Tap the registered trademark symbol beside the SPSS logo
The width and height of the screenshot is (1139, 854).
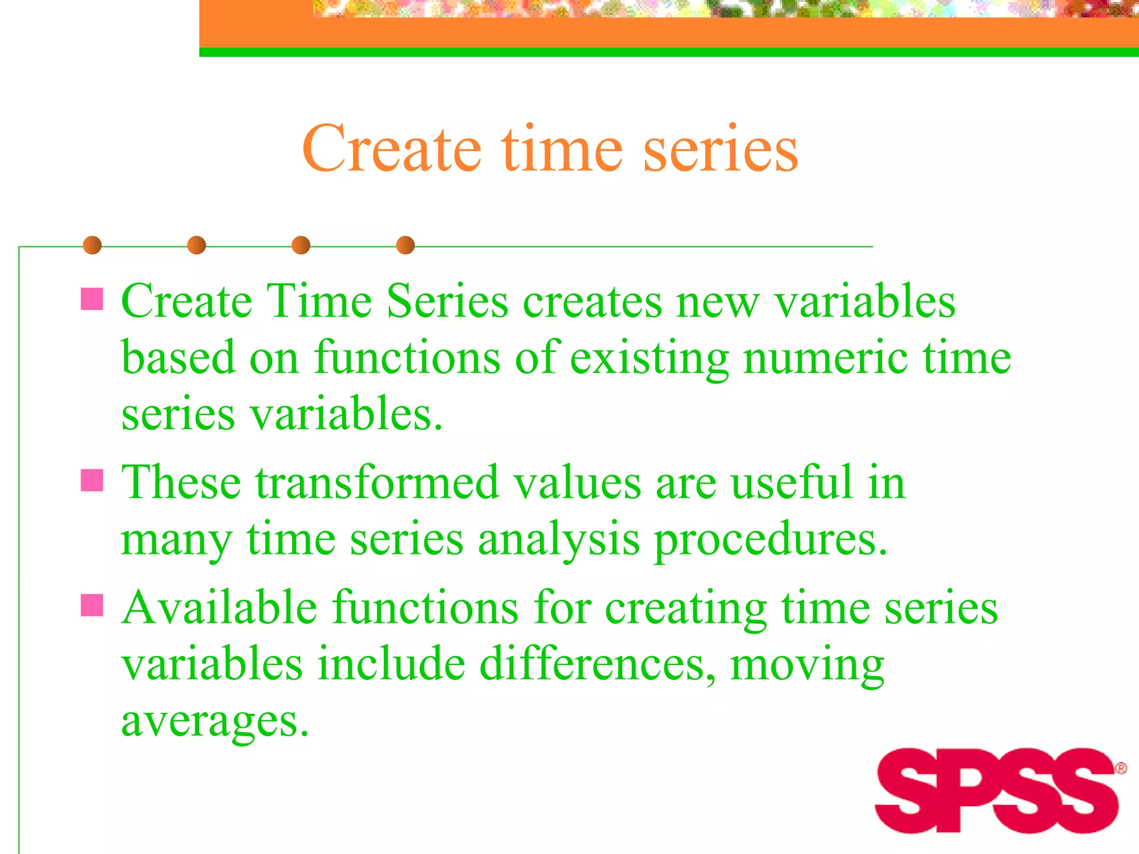tap(1121, 769)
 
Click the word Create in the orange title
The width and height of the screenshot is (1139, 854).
tap(392, 149)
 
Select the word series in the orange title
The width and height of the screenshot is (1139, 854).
tap(721, 149)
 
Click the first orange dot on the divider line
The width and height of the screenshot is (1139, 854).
tap(92, 245)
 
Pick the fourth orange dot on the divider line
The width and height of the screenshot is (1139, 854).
tap(405, 245)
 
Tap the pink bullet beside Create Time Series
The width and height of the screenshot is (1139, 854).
tap(92, 299)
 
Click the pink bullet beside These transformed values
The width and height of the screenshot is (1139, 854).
tap(92, 480)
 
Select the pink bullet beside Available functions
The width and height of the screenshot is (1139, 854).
tap(92, 605)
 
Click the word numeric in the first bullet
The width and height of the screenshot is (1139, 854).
tap(826, 358)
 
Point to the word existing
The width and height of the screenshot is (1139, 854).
tap(649, 358)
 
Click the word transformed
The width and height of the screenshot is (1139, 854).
tap(377, 483)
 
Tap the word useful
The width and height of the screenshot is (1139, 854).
tap(791, 483)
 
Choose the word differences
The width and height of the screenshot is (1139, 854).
tap(597, 664)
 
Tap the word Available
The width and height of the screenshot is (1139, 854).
tap(220, 608)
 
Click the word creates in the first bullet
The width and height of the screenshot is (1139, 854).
tap(592, 301)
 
